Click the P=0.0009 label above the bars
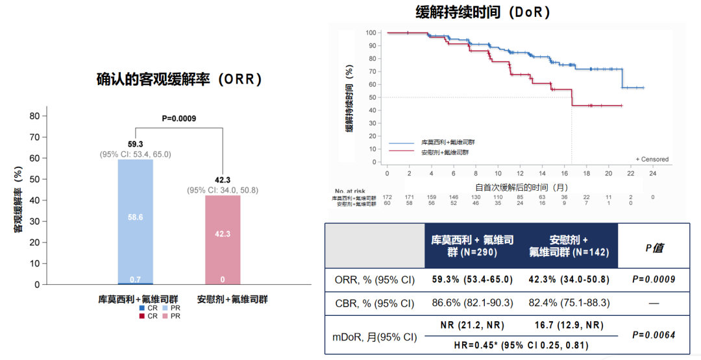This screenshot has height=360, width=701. pos(178,118)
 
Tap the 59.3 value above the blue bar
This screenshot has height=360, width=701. pos(135,145)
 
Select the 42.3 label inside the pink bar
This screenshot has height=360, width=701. pos(223,234)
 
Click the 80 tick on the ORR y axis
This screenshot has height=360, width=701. pos(35,116)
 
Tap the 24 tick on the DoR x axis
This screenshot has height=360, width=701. pos(653,174)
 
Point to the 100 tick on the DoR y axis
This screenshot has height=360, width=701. pos(371,32)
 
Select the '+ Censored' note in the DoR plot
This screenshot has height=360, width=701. pos(652,159)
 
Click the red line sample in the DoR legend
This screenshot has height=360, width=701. pos(401,152)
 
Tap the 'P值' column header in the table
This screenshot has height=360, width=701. pos(654,248)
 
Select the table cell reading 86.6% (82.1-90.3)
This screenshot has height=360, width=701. pos(473,302)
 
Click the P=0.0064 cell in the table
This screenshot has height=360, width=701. pos(654,335)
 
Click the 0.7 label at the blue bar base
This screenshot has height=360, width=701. pos(135,279)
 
